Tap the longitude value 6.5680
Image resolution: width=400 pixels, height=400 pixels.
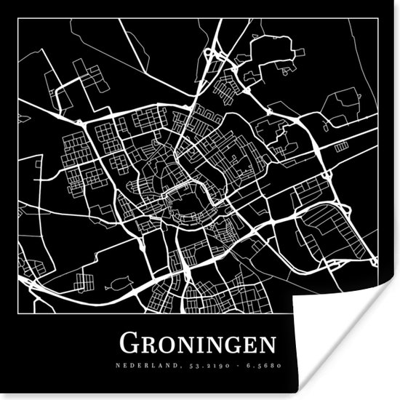(262, 365)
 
